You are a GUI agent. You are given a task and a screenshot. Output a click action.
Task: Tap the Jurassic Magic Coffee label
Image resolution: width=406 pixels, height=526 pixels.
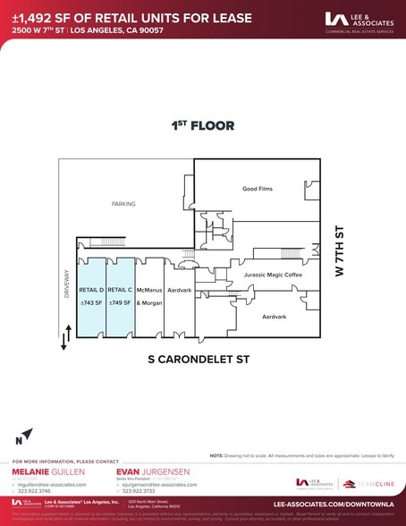point(273,276)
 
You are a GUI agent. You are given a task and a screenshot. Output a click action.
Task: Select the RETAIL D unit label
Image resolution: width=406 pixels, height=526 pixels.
point(91,290)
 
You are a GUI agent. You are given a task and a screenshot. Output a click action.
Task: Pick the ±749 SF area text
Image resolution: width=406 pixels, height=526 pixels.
point(120,303)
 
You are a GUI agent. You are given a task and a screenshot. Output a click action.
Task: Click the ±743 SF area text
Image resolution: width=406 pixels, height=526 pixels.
point(92,303)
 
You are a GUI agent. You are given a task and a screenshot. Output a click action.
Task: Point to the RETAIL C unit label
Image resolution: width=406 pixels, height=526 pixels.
point(120,290)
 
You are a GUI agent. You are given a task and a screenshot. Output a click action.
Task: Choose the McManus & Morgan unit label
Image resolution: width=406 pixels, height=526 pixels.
point(149,296)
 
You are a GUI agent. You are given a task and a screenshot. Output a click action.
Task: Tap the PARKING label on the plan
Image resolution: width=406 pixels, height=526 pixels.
point(123,205)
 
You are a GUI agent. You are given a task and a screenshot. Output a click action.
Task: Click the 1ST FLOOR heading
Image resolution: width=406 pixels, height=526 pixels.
point(203,126)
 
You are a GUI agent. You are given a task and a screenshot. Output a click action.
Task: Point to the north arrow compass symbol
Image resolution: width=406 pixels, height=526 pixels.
point(24,437)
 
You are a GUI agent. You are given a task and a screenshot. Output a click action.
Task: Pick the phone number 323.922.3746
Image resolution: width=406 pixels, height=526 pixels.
point(38,491)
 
